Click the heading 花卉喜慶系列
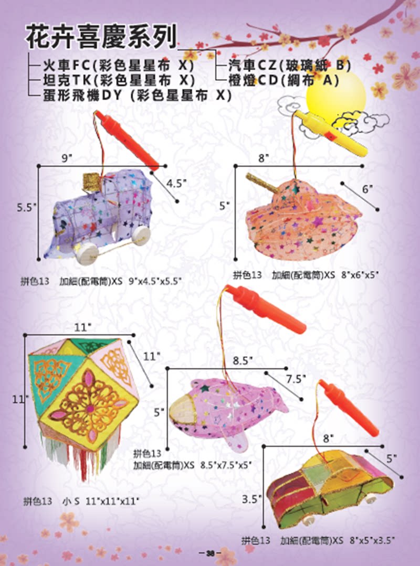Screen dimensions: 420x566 click(x=101, y=37)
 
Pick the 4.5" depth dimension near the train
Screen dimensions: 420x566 click(x=176, y=183)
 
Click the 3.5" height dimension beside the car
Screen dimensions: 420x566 click(x=251, y=499)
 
